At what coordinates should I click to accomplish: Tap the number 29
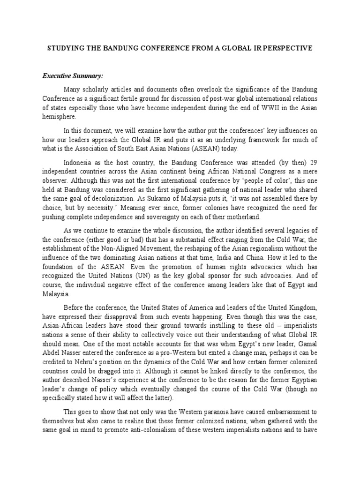[x=314, y=162]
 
